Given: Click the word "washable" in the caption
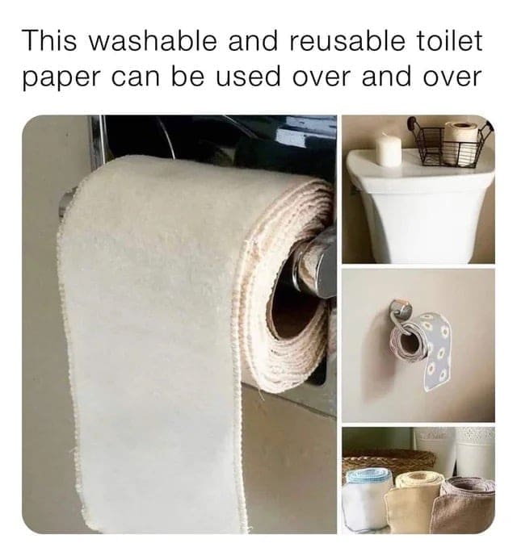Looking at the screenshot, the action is click(153, 40).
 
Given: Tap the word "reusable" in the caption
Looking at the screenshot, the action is click(347, 40).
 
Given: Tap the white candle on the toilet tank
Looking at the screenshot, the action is click(389, 149).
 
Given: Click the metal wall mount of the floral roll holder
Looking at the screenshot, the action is click(401, 307).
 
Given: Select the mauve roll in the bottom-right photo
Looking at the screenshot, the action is click(466, 504).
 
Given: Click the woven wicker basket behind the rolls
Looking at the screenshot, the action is click(389, 460).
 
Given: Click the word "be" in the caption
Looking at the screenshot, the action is click(187, 76).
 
